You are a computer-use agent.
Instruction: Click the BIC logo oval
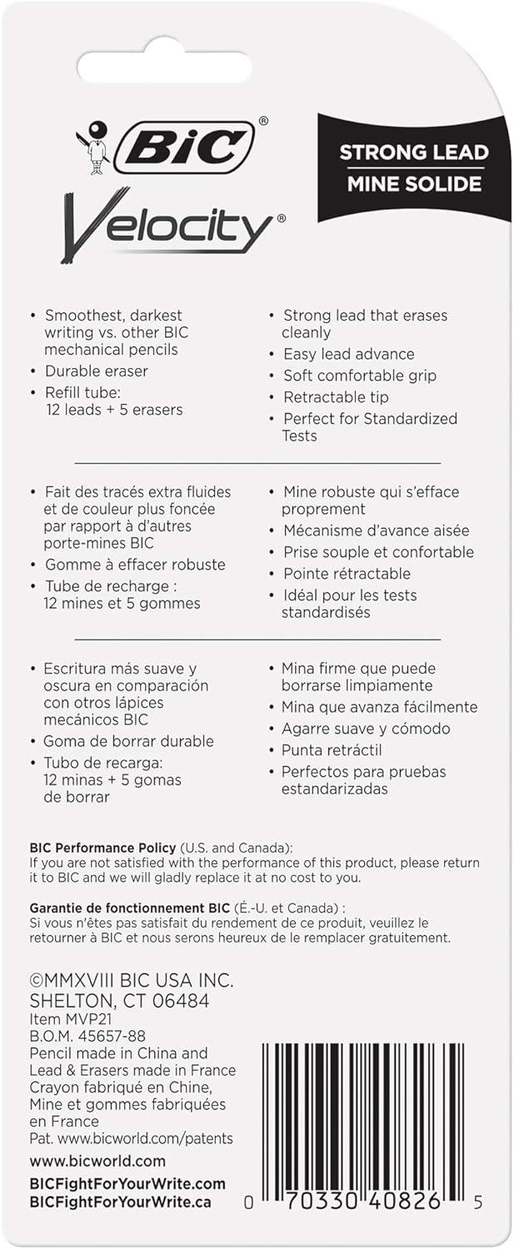point(184,147)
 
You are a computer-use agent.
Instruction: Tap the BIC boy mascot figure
point(93,147)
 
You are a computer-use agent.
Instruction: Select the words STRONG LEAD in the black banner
point(413,152)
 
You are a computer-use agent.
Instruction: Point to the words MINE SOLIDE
point(413,182)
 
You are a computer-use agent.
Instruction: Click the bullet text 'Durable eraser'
point(96,371)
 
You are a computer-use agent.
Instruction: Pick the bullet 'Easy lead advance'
point(348,354)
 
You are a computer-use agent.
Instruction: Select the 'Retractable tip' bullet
point(336,397)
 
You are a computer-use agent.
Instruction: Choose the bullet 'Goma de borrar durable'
point(128,741)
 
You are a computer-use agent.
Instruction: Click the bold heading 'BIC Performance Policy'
point(102,848)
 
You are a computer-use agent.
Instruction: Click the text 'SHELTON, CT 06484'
point(119,1001)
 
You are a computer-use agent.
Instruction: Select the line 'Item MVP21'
point(71,1019)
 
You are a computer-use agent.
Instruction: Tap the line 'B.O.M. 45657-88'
point(87,1036)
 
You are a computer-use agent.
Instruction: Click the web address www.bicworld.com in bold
point(97,1161)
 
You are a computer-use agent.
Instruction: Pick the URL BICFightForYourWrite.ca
point(120,1202)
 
